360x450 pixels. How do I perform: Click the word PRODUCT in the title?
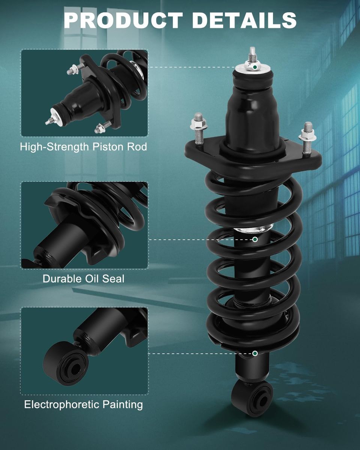pos(123,20)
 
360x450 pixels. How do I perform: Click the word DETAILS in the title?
pos(244,20)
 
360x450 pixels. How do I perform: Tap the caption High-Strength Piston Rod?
pos(84,147)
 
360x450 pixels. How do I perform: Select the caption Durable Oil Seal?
pos(84,279)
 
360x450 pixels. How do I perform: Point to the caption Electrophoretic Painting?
pos(84,405)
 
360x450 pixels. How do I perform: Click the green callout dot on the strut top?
pos(255,67)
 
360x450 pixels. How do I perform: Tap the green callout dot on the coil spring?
pos(255,239)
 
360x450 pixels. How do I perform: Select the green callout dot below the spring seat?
pos(255,353)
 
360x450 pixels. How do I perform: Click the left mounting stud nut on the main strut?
pos(199,125)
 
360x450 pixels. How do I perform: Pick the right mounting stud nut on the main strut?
pos(307,135)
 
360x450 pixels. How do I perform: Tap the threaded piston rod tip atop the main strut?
pos(253,54)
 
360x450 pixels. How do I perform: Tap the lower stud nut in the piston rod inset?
pos(100,128)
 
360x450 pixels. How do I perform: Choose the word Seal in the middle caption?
pos(114,279)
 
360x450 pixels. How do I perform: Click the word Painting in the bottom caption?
pos(123,405)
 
